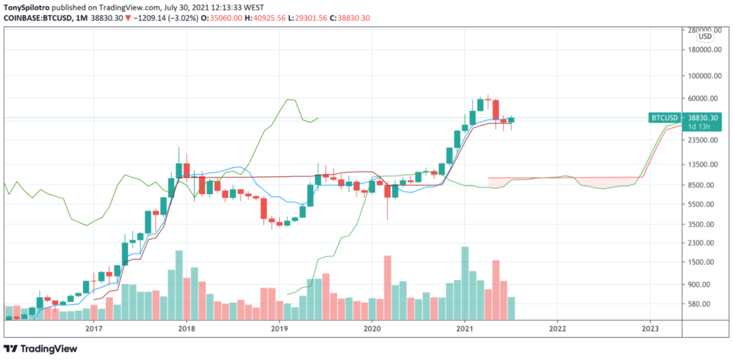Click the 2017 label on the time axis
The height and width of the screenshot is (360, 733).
coord(93,329)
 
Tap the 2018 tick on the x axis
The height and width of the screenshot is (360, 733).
coord(186,329)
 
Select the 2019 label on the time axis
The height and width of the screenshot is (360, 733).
coord(278,329)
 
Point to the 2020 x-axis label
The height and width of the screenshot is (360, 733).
coord(372,329)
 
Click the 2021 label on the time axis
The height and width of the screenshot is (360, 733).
coord(465,329)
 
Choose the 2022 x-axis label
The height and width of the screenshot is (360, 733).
coord(558,329)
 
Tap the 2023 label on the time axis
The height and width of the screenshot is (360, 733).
coord(650,329)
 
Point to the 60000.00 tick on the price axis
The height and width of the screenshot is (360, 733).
coord(704,99)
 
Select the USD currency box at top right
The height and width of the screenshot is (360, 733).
coord(704,37)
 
